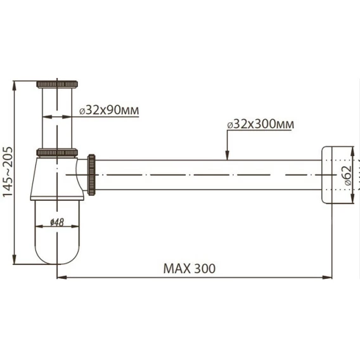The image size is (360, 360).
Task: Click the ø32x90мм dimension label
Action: point(109,110)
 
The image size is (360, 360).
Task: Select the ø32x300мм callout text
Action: point(260,124)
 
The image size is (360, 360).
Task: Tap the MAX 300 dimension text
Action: point(190,268)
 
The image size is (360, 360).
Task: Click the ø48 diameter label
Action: point(57,222)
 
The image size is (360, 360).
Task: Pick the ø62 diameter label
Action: point(348,175)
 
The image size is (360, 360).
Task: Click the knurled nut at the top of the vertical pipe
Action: point(57,84)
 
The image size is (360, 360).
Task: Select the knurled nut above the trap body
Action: point(57,153)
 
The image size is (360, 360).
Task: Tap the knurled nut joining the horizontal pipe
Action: point(91,175)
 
